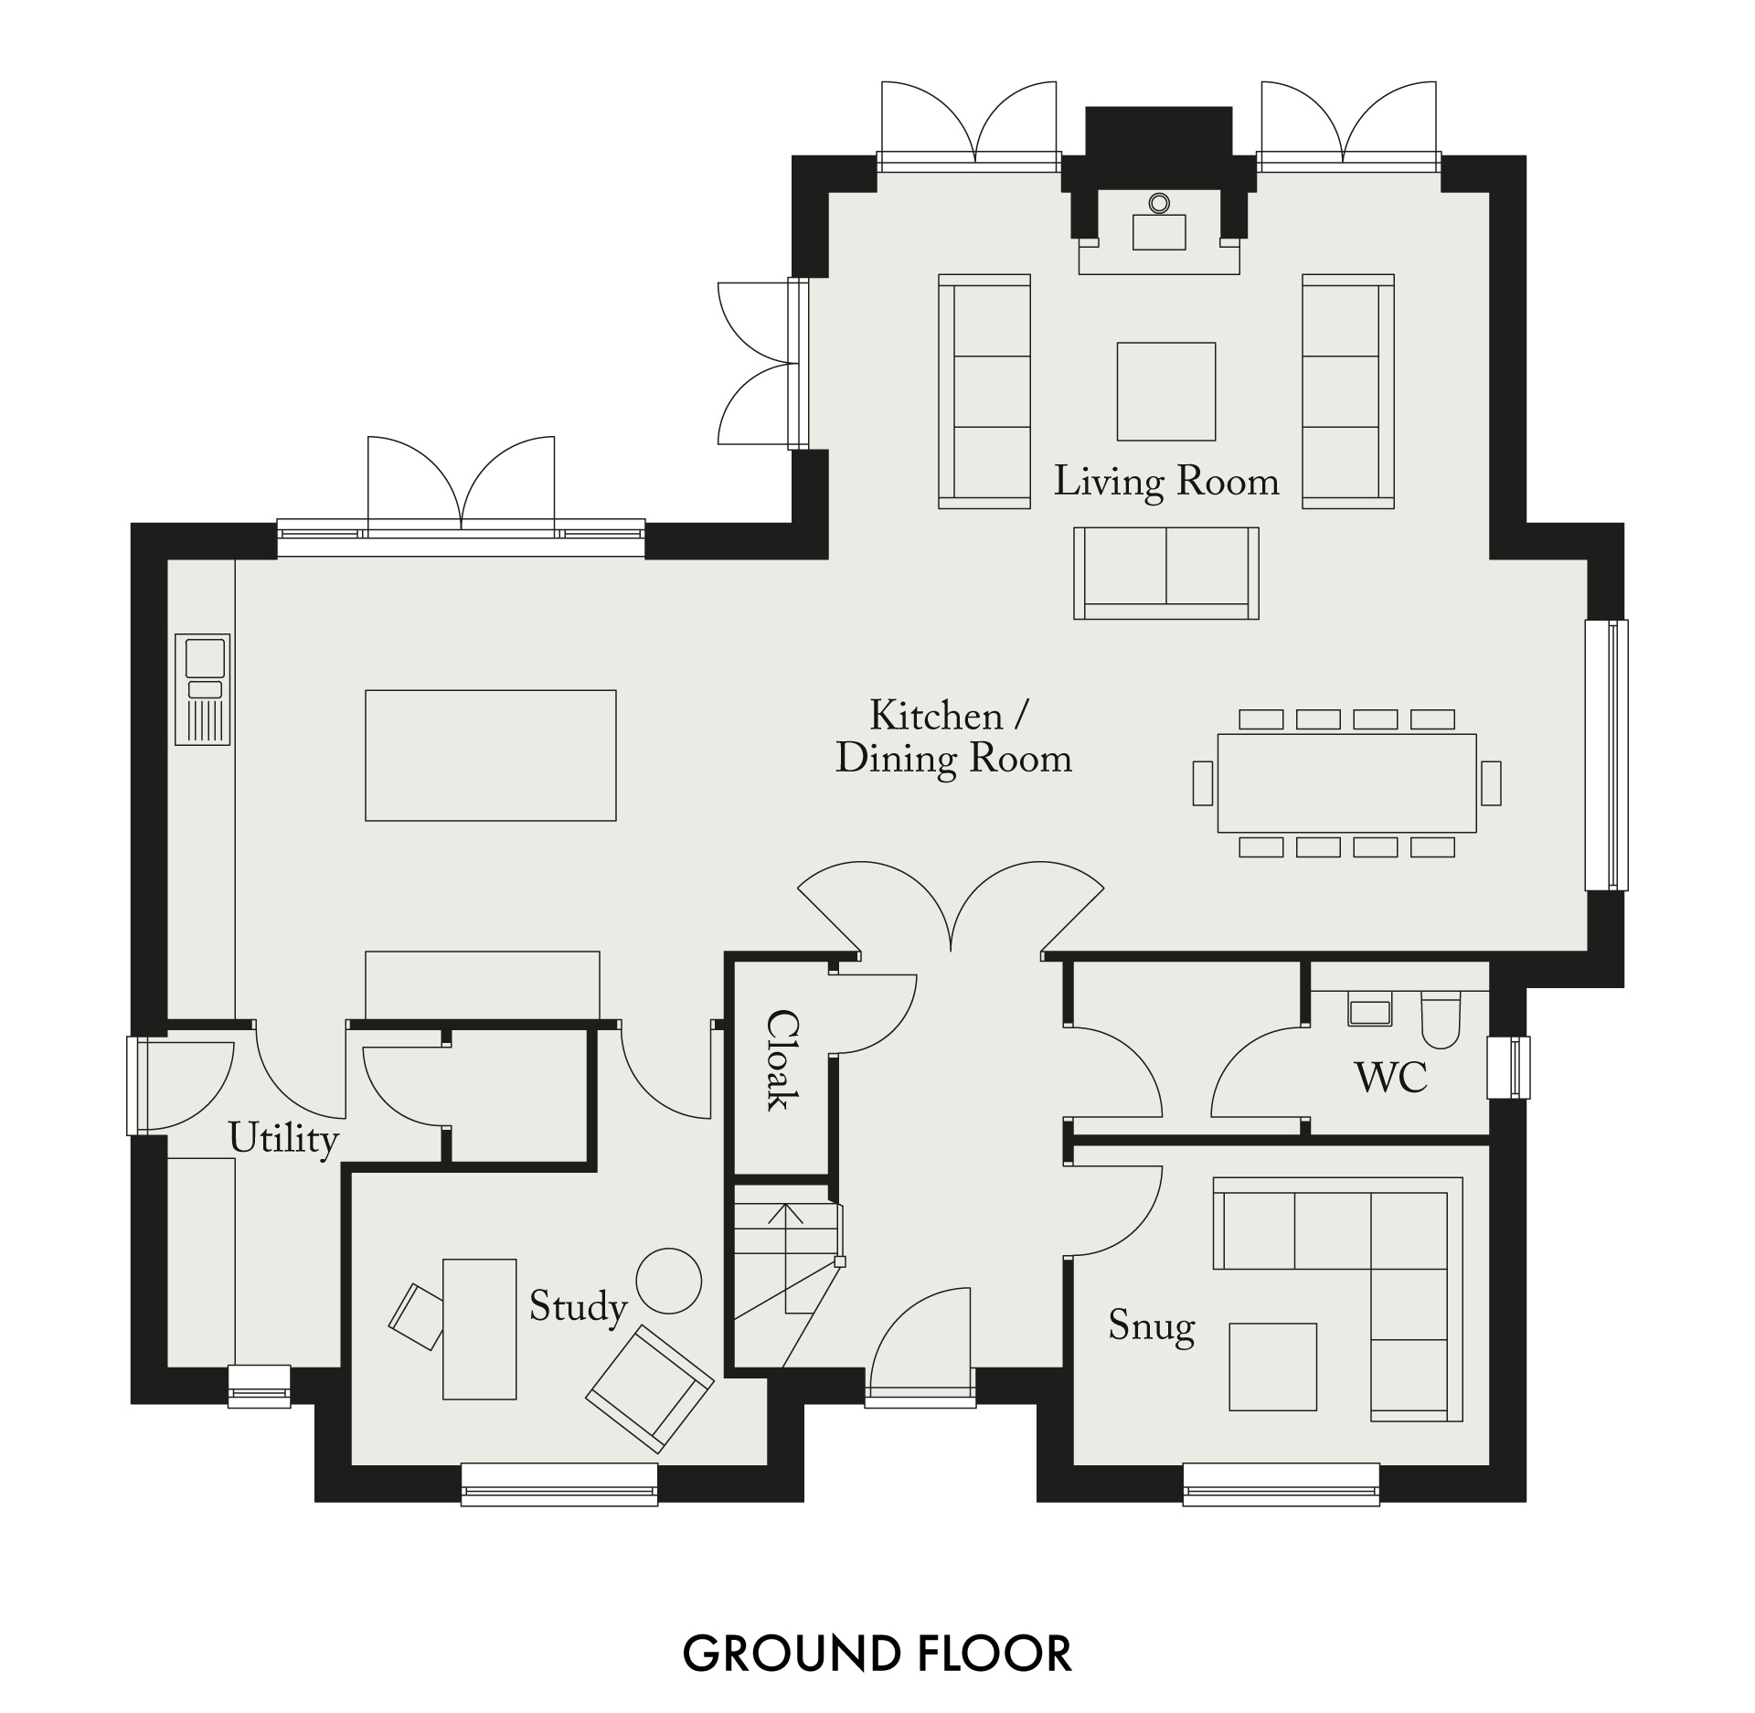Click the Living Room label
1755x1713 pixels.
1166,482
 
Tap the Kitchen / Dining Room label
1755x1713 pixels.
953,738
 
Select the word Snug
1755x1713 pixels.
1152,1326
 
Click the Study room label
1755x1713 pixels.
578,1307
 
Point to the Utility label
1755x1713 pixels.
283,1139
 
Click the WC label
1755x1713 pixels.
1390,1078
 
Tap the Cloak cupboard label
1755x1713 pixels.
782,1059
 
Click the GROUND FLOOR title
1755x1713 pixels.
877,1654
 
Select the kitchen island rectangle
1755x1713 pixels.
491,755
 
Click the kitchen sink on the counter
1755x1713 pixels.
203,689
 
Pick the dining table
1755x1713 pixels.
1346,783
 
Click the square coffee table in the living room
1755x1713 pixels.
1166,391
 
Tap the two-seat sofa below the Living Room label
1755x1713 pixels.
1166,573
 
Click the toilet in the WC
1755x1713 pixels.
1441,1021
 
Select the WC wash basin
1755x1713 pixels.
1369,1012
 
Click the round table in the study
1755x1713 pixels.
669,1281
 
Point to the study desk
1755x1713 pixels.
480,1329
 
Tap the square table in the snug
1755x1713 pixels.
1273,1367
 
